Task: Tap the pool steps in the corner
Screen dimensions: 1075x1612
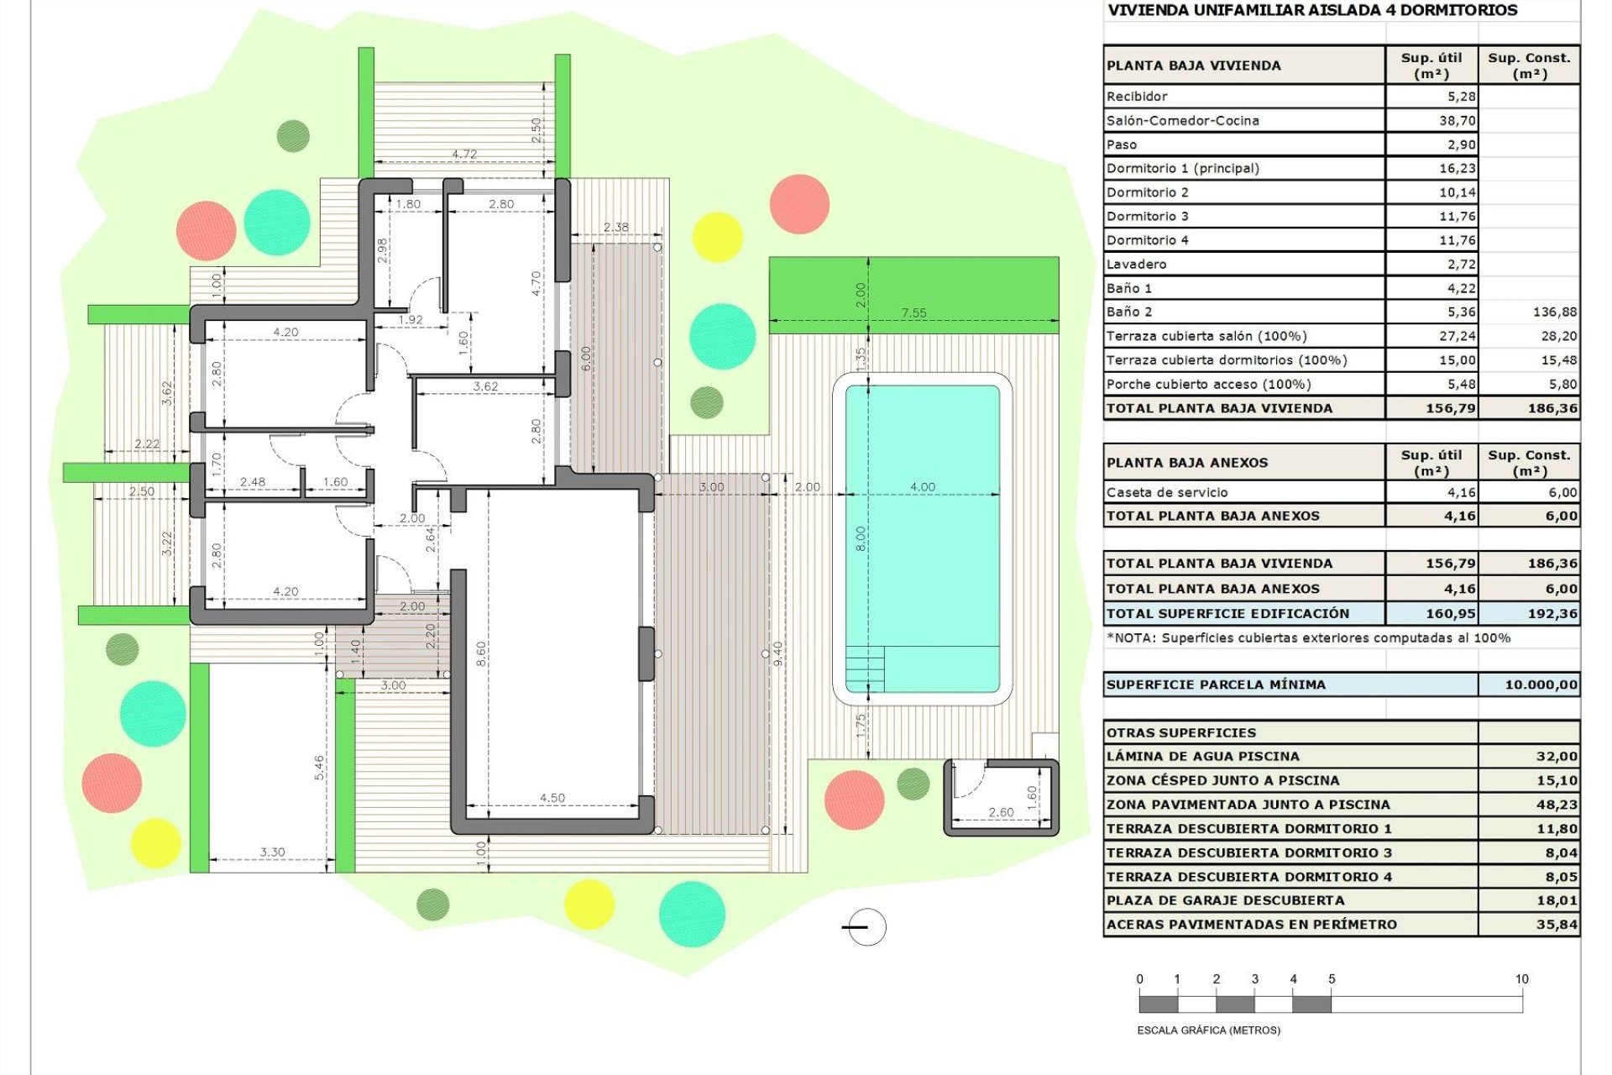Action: point(865,669)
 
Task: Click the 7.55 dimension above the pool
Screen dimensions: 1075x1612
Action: point(913,312)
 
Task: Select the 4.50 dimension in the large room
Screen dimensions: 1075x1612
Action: point(552,798)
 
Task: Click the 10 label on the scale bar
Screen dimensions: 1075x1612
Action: point(1521,979)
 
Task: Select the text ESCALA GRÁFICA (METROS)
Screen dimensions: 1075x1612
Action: point(1208,1030)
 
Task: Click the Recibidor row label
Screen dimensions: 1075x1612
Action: point(1137,97)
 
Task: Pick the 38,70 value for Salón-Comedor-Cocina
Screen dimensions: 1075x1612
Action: point(1457,121)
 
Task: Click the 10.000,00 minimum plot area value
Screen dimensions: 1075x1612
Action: point(1541,684)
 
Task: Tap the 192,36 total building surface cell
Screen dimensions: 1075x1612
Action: point(1552,614)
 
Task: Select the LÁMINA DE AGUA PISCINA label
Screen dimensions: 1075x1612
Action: point(1202,757)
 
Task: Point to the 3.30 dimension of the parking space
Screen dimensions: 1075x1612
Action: point(272,852)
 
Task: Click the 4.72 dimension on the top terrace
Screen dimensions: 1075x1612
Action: point(464,154)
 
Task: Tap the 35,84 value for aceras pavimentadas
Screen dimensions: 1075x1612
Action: point(1557,925)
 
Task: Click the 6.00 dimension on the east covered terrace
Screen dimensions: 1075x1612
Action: point(586,359)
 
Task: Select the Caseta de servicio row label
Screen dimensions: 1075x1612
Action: point(1167,493)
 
